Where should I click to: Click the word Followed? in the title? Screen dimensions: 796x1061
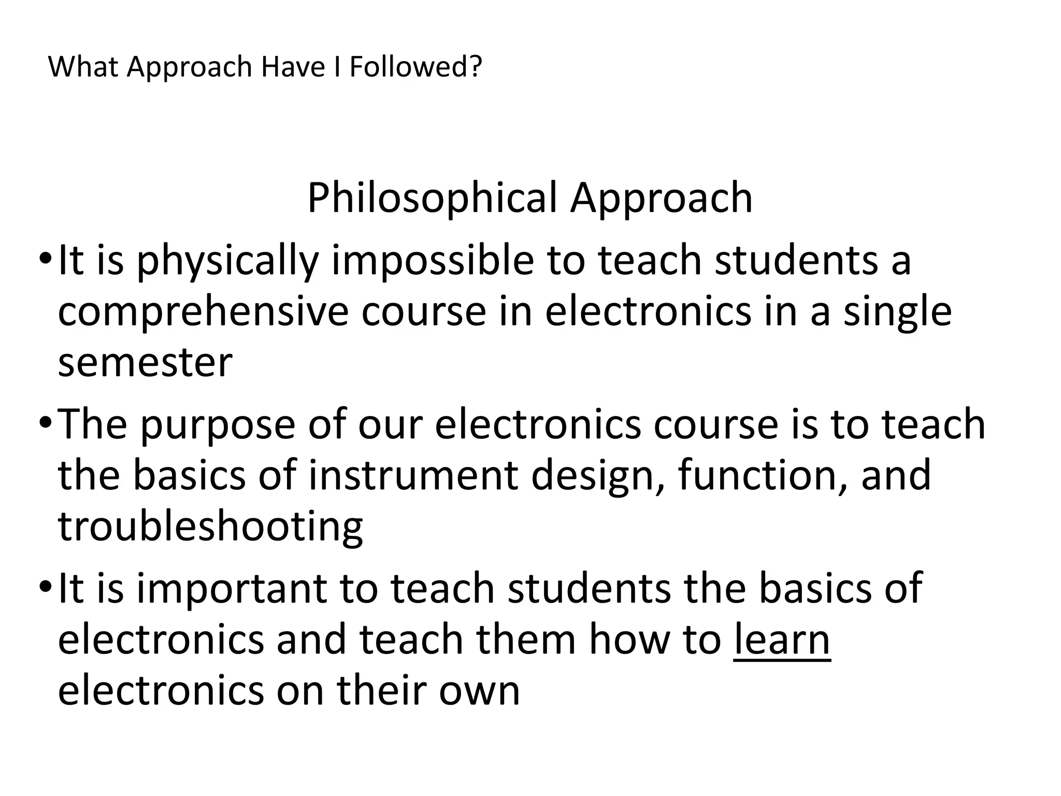(x=415, y=67)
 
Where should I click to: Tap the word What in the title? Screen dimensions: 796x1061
(x=84, y=67)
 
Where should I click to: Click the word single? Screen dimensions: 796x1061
(x=897, y=312)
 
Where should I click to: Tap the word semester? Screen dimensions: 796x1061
(x=145, y=362)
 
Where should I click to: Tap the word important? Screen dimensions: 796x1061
(x=232, y=589)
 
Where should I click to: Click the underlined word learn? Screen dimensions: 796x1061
(x=782, y=639)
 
